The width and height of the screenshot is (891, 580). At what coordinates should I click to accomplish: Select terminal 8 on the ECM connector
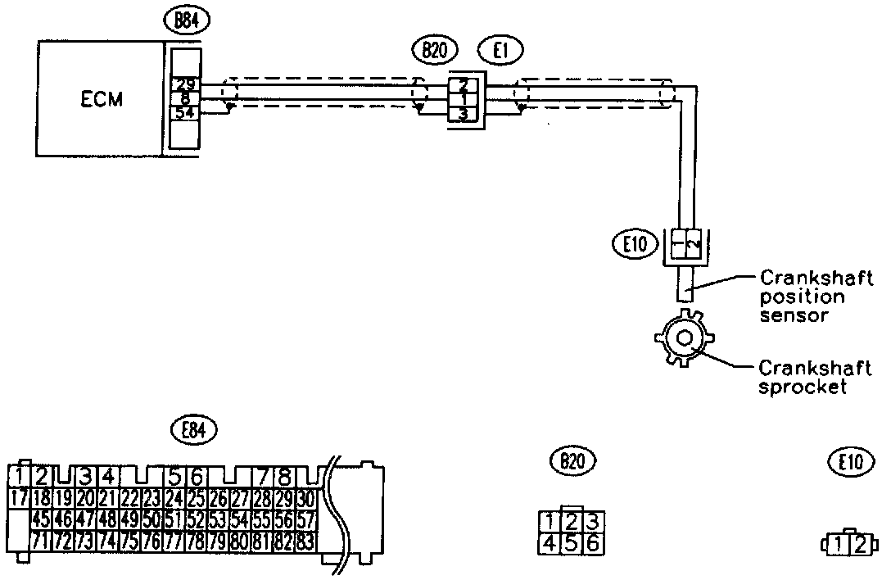(x=184, y=97)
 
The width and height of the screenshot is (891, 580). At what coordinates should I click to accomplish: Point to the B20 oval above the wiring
(x=435, y=51)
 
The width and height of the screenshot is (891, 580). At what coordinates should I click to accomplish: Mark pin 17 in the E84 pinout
(x=21, y=497)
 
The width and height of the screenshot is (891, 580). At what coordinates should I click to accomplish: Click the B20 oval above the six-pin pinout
(x=572, y=463)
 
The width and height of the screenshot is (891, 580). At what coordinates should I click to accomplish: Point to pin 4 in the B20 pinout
(x=551, y=541)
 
